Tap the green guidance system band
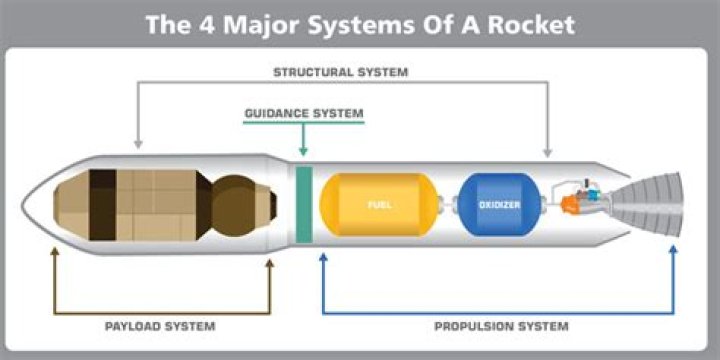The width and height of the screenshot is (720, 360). tap(304, 204)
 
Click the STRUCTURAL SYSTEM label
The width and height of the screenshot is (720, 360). tap(340, 72)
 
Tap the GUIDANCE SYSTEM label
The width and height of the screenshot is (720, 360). tap(304, 113)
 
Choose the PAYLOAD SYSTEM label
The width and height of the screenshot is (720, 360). tap(160, 326)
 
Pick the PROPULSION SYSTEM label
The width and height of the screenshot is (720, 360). tap(501, 326)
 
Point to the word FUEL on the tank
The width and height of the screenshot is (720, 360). tap(379, 205)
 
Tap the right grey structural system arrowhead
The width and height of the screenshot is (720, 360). tap(547, 150)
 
